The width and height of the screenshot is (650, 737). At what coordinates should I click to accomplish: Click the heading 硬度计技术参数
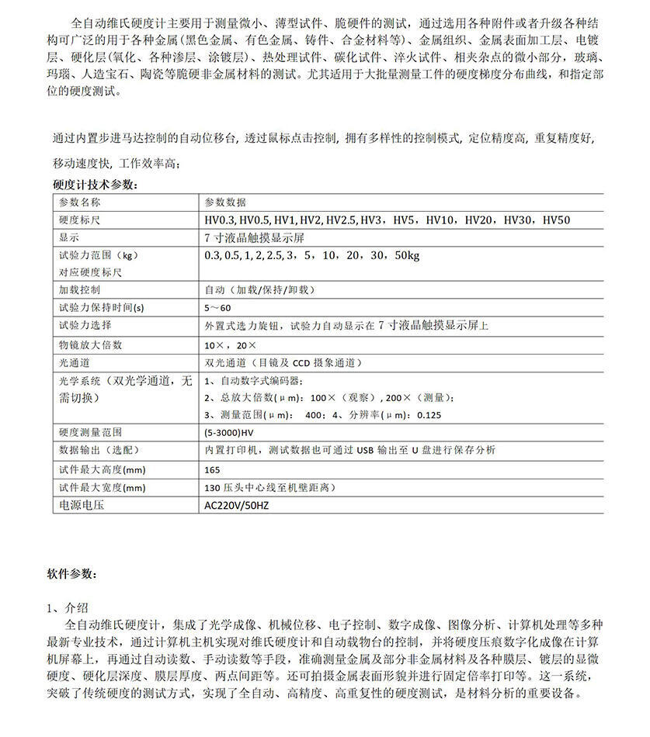coord(96,185)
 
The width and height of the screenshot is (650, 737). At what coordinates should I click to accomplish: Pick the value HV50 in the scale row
coord(556,220)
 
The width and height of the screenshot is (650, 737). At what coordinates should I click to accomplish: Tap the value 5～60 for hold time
coord(218,307)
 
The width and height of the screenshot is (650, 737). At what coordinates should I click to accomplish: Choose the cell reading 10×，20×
coord(224,344)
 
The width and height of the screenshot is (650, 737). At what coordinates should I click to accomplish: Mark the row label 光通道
coord(74,362)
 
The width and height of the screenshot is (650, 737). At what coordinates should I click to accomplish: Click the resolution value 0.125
coord(429,414)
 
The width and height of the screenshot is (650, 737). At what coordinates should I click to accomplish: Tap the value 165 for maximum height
coord(212,469)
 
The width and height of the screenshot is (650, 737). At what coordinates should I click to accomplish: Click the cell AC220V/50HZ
coord(236,505)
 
